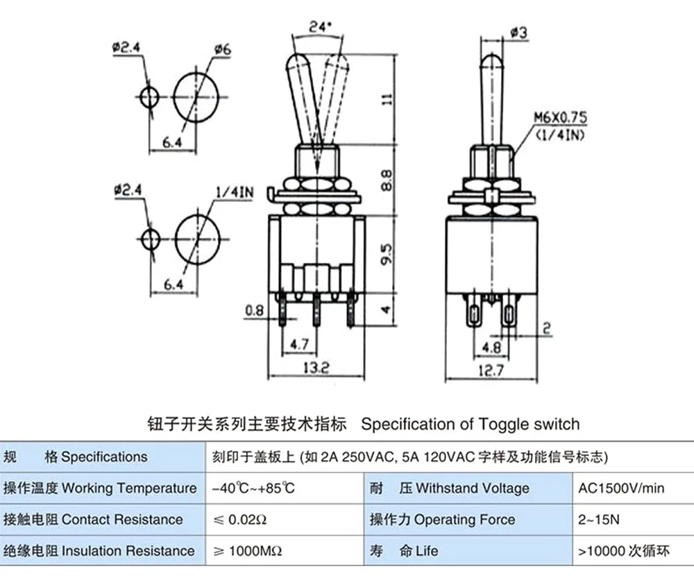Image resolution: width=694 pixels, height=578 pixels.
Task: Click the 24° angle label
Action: click(320, 26)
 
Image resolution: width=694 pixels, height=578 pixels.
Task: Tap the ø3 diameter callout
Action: click(518, 33)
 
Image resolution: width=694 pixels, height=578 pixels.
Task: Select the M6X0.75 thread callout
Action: click(560, 117)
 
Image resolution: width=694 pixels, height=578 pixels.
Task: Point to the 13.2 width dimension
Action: click(316, 367)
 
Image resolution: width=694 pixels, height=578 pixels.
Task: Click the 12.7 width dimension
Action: click(491, 370)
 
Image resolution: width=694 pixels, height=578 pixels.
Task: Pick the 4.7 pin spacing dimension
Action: click(299, 344)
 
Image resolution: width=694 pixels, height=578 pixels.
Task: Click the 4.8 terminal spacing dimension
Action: click(491, 347)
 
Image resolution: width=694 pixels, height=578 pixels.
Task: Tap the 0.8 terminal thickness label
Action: click(254, 310)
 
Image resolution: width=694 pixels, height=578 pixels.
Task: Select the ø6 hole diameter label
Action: click(223, 49)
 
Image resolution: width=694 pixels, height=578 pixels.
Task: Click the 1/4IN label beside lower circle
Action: click(235, 192)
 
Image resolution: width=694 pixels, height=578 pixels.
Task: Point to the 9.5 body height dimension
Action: click(387, 254)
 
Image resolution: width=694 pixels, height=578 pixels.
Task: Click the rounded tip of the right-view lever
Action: click(492, 56)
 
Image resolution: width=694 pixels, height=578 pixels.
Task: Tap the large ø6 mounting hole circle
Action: click(196, 74)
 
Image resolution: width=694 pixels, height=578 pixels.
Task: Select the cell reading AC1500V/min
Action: click(621, 488)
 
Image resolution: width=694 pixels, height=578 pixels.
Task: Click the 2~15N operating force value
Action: click(598, 519)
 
